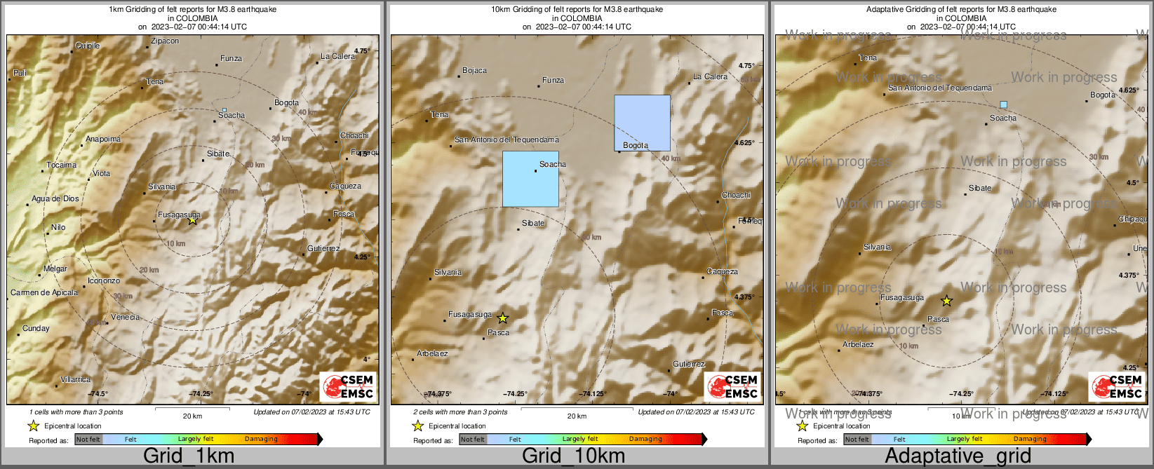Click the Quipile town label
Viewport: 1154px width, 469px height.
88,46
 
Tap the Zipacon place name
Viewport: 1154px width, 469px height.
165,41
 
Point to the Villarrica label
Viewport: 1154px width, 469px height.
75,379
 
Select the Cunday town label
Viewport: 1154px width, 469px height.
36,328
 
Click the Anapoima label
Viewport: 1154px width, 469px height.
103,139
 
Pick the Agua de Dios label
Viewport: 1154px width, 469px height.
55,198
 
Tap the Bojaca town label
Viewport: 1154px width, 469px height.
474,70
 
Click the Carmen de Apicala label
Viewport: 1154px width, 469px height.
44,292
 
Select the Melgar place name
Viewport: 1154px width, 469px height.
55,269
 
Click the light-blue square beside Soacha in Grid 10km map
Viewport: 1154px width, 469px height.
530,179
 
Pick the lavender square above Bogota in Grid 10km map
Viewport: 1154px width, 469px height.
642,123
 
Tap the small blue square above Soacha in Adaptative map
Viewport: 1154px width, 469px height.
1003,104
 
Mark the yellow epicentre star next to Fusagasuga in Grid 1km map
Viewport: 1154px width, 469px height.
192,220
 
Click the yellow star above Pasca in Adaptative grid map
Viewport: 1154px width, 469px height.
946,301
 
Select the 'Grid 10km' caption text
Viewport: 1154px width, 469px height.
573,456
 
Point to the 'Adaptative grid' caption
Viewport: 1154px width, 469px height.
958,456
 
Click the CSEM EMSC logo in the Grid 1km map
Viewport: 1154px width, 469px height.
348,386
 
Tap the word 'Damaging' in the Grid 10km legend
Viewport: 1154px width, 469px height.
645,439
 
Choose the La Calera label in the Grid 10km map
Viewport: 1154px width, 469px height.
710,76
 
